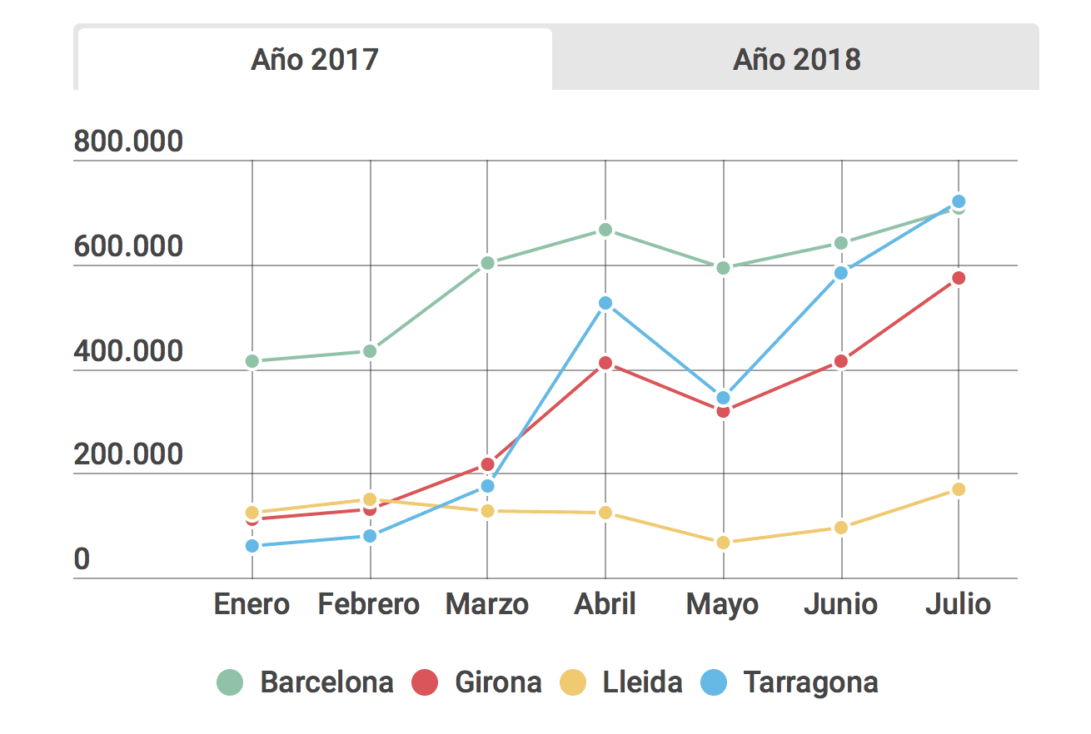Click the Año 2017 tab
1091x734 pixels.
(315, 60)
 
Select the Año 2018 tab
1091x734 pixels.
(796, 60)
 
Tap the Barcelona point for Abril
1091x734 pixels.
(605, 230)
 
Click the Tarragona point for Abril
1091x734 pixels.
(605, 303)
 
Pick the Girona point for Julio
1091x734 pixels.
(959, 278)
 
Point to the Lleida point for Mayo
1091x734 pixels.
(723, 543)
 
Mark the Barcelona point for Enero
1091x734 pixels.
(252, 361)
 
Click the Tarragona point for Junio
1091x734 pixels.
(841, 273)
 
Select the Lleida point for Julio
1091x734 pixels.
(959, 489)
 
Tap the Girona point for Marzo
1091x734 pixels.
(488, 464)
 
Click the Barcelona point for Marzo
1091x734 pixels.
(488, 263)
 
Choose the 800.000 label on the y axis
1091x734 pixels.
(128, 142)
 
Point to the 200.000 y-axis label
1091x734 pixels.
(128, 454)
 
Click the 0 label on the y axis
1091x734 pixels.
(82, 560)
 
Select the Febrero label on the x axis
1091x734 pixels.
(369, 604)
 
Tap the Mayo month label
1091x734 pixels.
(722, 605)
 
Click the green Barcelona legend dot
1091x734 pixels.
(230, 682)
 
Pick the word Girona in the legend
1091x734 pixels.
(498, 682)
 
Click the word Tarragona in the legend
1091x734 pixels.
(810, 682)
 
